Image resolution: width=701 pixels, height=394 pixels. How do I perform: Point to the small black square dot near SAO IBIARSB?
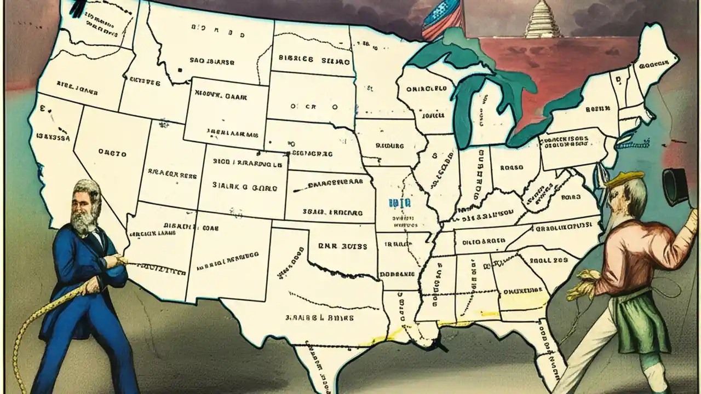click(179, 71)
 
